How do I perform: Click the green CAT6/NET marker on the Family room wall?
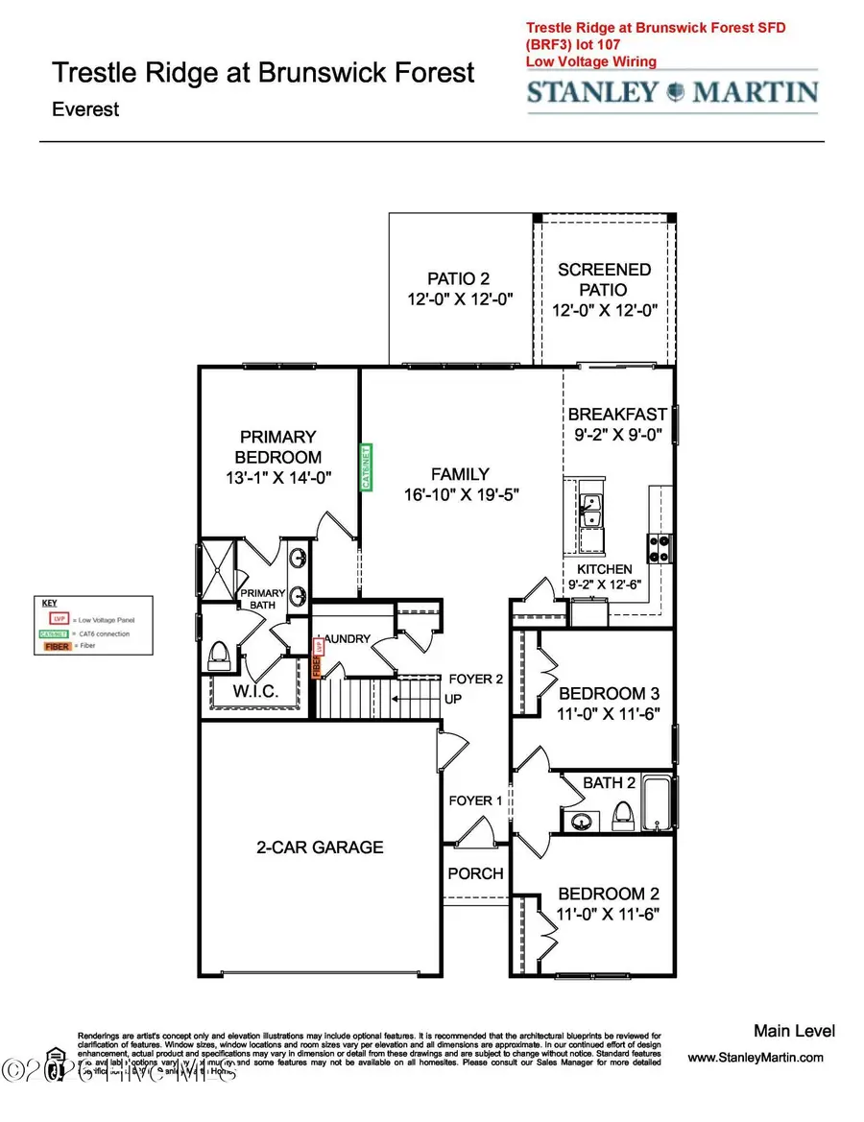(365, 466)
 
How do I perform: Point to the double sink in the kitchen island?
(590, 510)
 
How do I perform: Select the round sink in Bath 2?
(582, 822)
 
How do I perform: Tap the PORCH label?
(475, 872)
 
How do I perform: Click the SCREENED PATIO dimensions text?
(604, 310)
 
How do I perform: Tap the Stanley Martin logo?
(671, 92)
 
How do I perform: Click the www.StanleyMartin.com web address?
(756, 1058)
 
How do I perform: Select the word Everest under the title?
(85, 108)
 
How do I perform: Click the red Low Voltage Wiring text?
(590, 61)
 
